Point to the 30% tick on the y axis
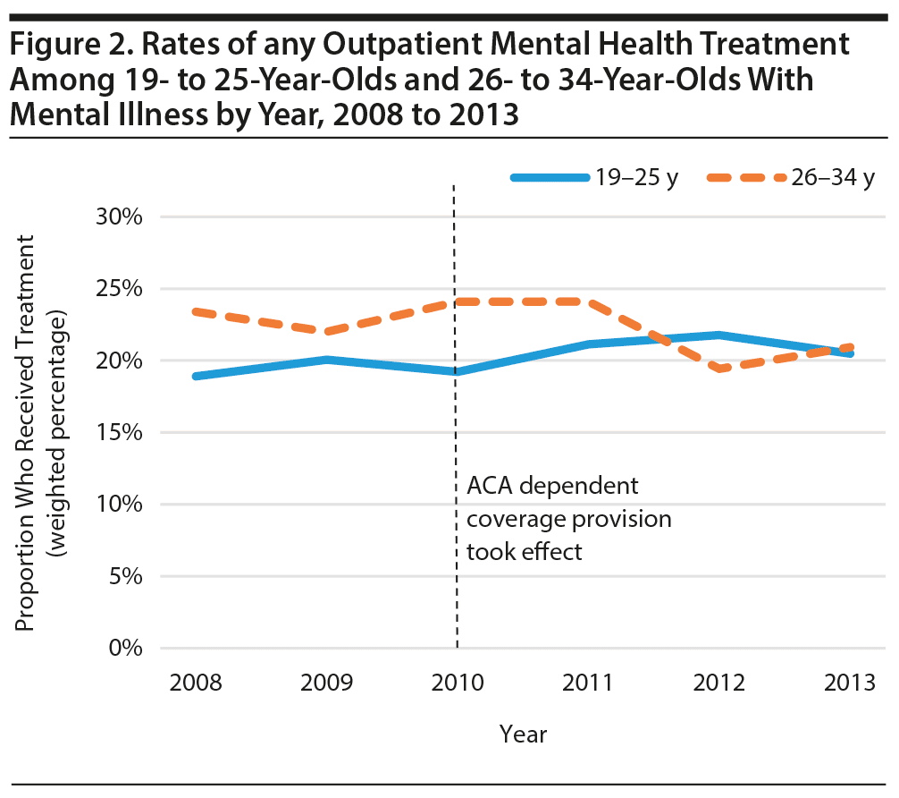click(120, 217)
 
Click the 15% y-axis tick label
click(120, 432)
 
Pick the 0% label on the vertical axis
click(125, 648)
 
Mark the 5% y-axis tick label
click(125, 576)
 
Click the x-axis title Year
click(523, 734)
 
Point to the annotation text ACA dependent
click(553, 488)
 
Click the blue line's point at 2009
click(326, 360)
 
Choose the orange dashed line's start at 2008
click(195, 311)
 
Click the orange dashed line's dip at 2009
click(326, 332)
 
